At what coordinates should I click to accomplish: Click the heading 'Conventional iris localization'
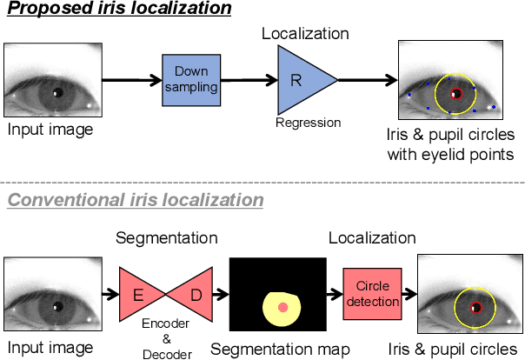[x=135, y=200]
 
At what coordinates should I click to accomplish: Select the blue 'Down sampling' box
[x=189, y=79]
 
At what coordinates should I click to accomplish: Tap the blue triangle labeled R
[x=301, y=79]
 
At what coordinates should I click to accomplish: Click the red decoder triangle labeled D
[x=194, y=296]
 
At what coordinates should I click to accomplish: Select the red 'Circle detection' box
[x=372, y=294]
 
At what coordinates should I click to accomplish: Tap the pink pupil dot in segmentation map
[x=282, y=308]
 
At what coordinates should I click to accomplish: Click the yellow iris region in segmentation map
[x=271, y=313]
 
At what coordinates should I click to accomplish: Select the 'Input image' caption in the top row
[x=50, y=130]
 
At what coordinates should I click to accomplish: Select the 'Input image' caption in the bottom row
[x=50, y=349]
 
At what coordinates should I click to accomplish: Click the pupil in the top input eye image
[x=56, y=92]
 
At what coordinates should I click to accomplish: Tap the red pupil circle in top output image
[x=456, y=92]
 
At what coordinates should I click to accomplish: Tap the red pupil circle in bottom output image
[x=475, y=308]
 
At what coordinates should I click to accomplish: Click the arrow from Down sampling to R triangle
[x=247, y=80]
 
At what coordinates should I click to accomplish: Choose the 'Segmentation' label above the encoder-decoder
[x=166, y=237]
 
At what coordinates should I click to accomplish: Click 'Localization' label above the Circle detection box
[x=372, y=237]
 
